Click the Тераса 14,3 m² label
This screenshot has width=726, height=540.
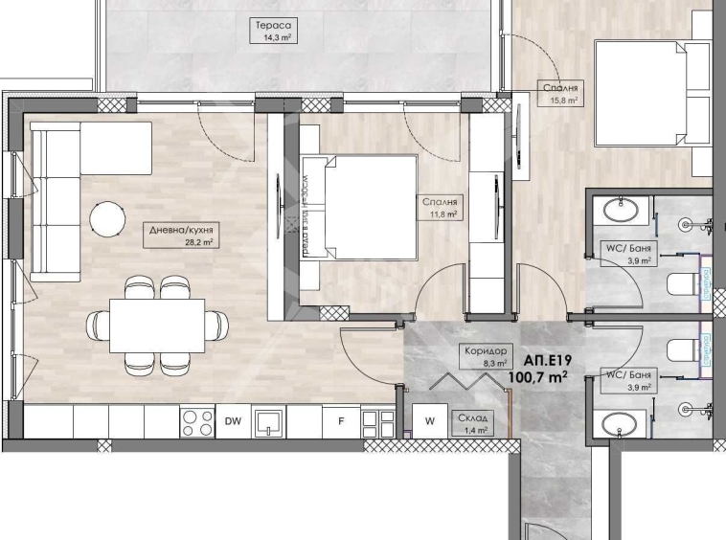pos(262,32)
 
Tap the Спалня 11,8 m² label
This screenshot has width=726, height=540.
pos(442,208)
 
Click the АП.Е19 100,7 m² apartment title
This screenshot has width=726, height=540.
pos(548,370)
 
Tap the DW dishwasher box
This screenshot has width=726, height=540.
pos(233,420)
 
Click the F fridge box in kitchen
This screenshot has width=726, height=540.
pos(340,420)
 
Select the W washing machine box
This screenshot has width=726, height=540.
pos(429,420)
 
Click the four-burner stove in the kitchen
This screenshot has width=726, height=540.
pos(196,421)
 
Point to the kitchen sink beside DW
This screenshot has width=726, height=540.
pos(271,420)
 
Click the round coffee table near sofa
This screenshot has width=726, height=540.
pos(107,219)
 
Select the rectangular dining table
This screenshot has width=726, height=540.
pos(157,325)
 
